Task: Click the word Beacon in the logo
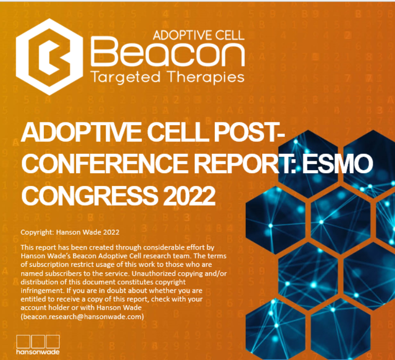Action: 167,52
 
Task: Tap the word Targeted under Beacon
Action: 125,77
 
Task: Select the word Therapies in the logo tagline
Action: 205,77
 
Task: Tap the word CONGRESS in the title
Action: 89,195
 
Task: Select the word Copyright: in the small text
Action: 38,232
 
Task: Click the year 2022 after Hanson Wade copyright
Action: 111,232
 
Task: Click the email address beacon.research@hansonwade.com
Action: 82,317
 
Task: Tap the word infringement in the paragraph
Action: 42,290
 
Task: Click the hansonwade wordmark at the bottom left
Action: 38,352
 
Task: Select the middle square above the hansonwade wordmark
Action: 38,342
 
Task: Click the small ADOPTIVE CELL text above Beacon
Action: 199,35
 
